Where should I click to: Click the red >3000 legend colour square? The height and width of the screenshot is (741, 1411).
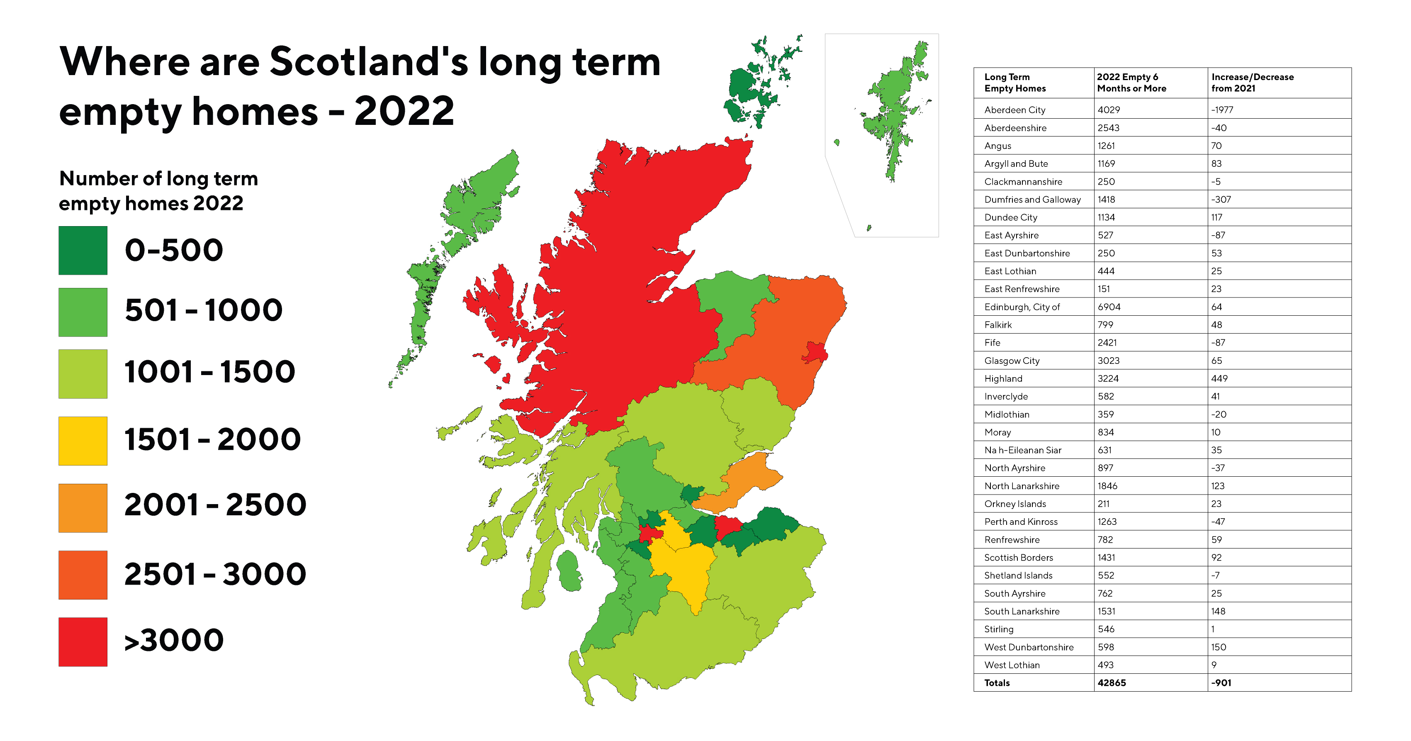[83, 642]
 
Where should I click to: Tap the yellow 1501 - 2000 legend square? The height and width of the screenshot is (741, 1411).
[83, 441]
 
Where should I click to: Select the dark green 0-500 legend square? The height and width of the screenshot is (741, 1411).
[83, 251]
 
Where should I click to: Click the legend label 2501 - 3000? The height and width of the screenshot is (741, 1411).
[215, 574]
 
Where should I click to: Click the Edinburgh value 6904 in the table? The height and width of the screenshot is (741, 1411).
[1109, 307]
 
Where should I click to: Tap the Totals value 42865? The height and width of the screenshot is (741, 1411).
[1112, 683]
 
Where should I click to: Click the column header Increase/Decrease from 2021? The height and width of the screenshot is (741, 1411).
[1252, 83]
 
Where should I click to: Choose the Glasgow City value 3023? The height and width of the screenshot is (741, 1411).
[1108, 361]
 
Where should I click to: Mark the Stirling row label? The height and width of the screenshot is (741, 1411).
[999, 629]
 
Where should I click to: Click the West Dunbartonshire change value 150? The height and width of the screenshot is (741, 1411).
[1218, 647]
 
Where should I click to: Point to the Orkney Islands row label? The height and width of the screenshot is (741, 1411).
[1014, 504]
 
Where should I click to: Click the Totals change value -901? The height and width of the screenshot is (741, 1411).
[1221, 683]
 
